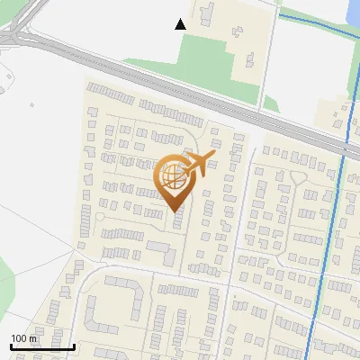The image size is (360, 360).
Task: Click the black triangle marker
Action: click(x=181, y=24)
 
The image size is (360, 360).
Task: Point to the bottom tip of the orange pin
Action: click(x=175, y=211)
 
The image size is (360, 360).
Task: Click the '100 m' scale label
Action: click(x=23, y=338)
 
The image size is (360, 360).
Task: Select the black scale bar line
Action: click(x=42, y=346)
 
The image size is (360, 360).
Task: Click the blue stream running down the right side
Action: click(x=335, y=225)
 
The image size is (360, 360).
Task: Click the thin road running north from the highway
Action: click(x=268, y=54)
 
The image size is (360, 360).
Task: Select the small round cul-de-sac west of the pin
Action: click(x=100, y=217)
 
